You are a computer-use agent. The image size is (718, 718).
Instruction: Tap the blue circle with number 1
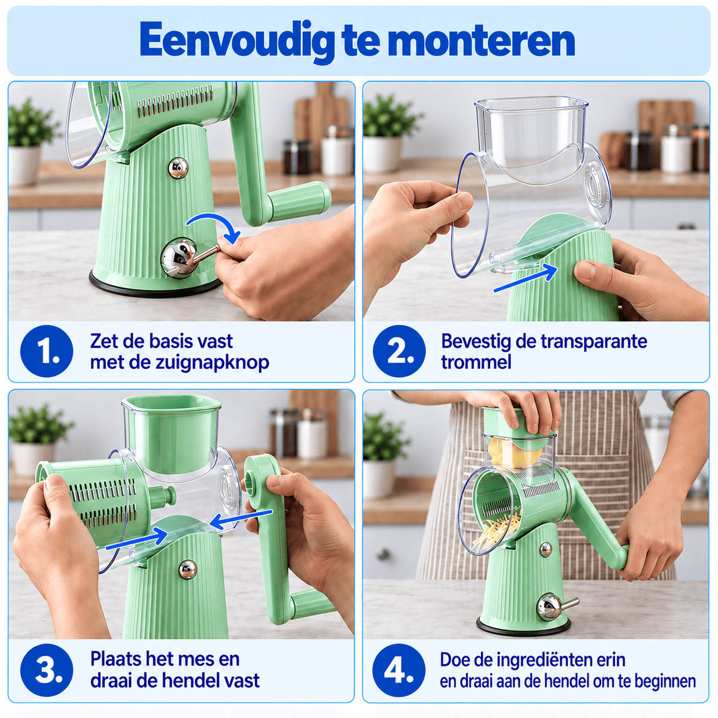coord(47,351)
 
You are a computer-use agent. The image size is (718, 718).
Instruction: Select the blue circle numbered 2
coord(399,351)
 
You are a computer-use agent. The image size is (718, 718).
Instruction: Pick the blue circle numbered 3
coord(47,670)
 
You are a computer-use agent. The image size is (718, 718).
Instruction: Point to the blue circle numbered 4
coord(398,670)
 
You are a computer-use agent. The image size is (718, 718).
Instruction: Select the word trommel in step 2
coord(476,362)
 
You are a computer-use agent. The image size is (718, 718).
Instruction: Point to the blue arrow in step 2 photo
coord(525,278)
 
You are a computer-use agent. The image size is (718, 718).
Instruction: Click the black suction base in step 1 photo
coord(157,287)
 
